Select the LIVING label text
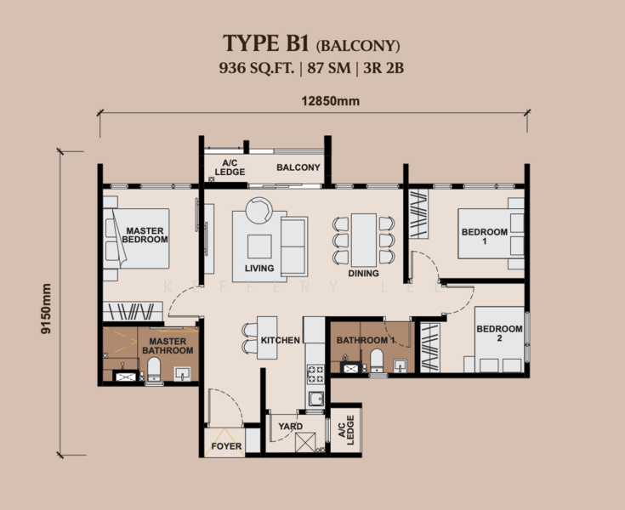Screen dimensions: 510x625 coord(259,269)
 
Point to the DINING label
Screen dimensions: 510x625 coord(363,274)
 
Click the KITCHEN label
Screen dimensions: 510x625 coord(280,340)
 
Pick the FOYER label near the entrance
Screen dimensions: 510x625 coord(226,446)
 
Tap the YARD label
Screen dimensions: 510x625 coord(291,427)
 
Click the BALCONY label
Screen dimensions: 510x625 coord(298,167)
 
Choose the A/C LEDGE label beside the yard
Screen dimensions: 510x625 coord(344,433)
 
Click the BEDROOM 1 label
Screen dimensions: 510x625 coord(484,235)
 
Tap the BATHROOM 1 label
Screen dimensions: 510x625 coord(366,341)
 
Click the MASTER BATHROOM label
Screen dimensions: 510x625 coord(167,346)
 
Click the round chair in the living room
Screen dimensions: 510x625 coord(258,209)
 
